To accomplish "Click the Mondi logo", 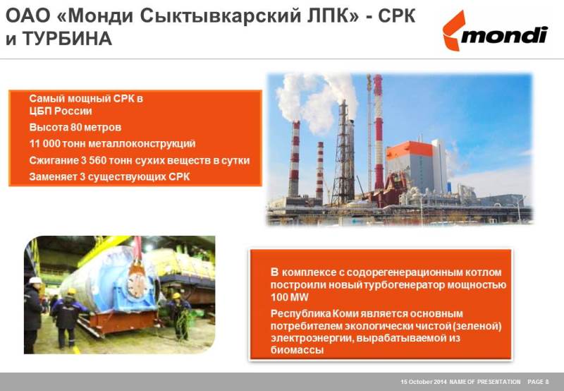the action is [495, 31].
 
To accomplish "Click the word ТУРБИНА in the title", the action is [67, 39].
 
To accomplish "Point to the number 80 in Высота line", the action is [76, 128].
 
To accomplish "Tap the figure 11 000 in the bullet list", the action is [44, 144].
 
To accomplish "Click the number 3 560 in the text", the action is [94, 160].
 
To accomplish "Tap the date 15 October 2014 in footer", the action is [424, 382].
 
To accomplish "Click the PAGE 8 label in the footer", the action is [538, 382].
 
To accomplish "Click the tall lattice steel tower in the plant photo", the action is [343, 153].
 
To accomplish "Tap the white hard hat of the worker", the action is [36, 280].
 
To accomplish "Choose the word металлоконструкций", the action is [142, 144].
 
